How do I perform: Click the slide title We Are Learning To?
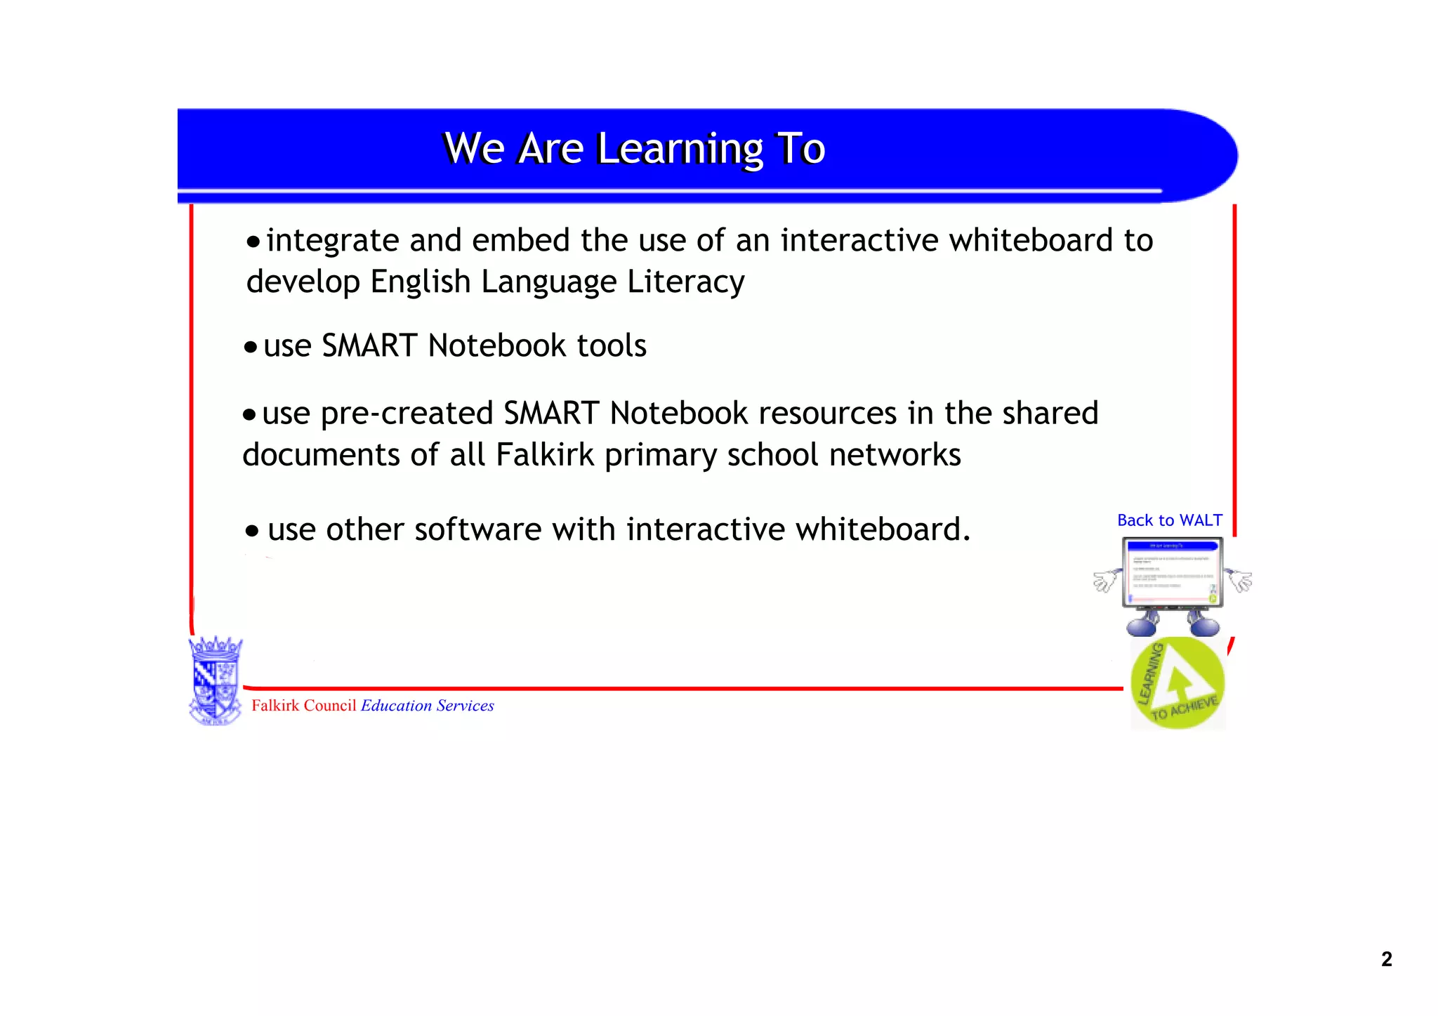click(634, 149)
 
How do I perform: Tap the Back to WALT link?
click(1169, 520)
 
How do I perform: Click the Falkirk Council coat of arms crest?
click(216, 680)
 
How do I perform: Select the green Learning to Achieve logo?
click(1178, 683)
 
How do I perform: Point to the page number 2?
click(1386, 959)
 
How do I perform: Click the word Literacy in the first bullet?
click(685, 282)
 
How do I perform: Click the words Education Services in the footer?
click(427, 706)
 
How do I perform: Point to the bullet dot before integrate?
click(253, 243)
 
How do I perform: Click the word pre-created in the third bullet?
click(407, 414)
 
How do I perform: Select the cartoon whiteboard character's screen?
click(1172, 572)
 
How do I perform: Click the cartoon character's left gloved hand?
click(1105, 581)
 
